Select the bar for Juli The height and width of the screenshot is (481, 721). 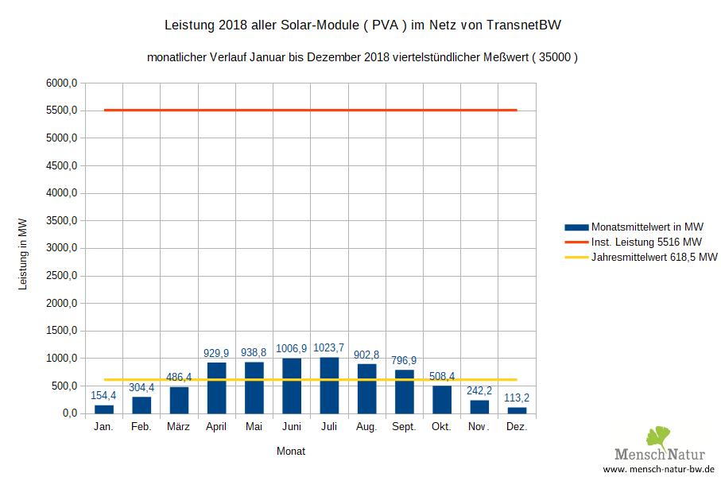click(330, 386)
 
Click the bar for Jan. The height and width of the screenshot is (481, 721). click(104, 409)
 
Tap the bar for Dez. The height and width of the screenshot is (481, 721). click(517, 410)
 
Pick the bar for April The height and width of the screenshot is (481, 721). click(217, 388)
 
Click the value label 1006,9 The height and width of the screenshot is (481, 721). click(292, 348)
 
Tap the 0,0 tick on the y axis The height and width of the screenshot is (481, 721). click(68, 413)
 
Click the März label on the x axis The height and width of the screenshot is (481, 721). click(179, 427)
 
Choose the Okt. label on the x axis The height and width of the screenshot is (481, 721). click(442, 427)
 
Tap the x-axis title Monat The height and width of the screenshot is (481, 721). click(291, 451)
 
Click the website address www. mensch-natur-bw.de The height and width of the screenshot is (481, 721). click(658, 471)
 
